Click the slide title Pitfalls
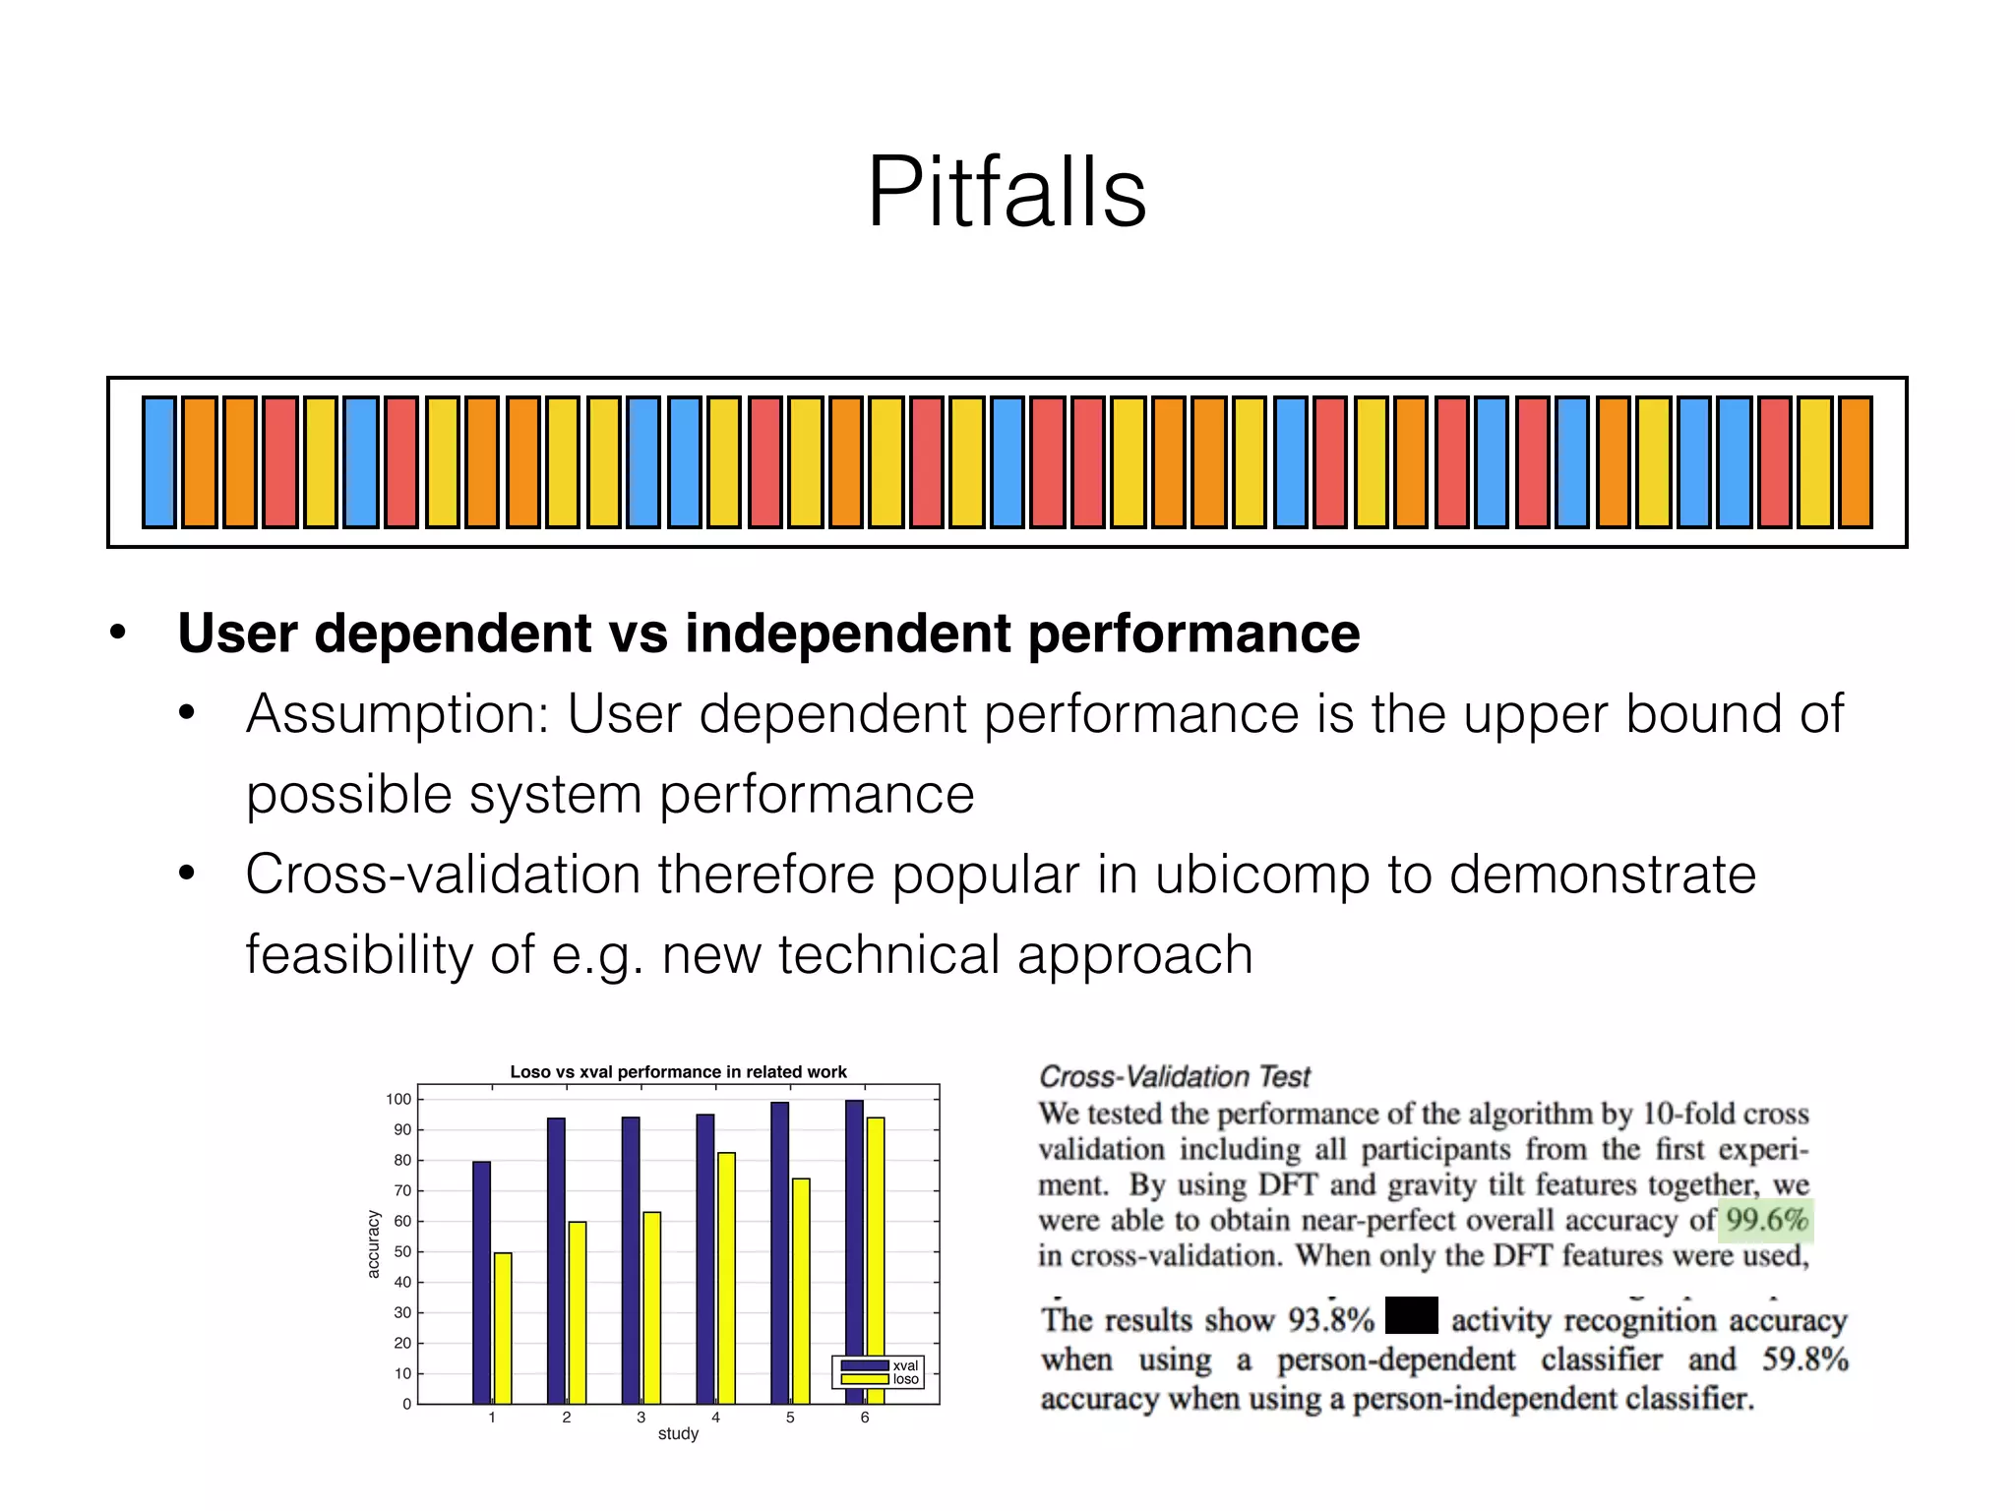click(1007, 192)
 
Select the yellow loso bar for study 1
click(503, 1328)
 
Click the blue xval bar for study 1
click(481, 1283)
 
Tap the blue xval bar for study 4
click(705, 1259)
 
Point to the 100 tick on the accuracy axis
click(398, 1100)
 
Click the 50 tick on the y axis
click(401, 1252)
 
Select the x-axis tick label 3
click(641, 1418)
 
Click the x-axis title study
click(678, 1434)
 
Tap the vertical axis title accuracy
click(373, 1244)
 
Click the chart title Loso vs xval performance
click(678, 1072)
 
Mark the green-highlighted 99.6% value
click(1767, 1221)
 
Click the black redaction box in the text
click(1411, 1316)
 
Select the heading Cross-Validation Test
click(1175, 1077)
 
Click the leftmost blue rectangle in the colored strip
click(159, 462)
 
